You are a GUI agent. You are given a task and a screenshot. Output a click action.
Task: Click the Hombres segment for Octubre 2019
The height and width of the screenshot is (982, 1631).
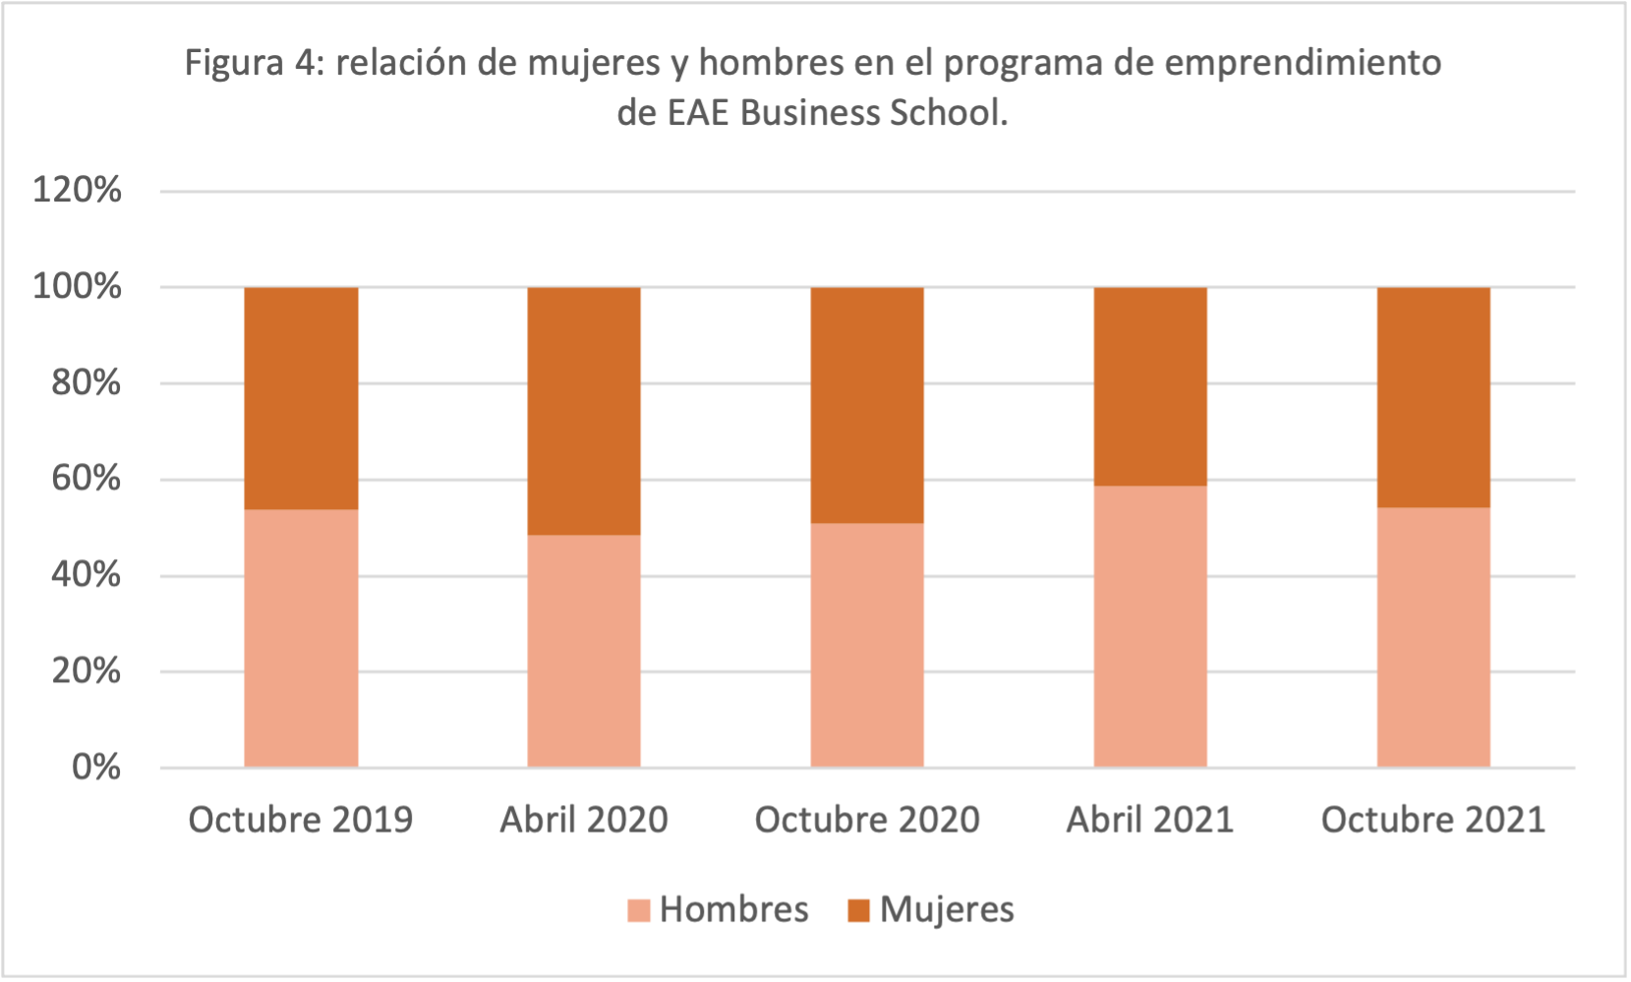pyautogui.click(x=301, y=638)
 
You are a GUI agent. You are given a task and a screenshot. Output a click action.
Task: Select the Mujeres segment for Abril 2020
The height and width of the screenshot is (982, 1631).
pyautogui.click(x=584, y=411)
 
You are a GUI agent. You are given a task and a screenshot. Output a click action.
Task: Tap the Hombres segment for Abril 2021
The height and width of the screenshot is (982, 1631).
pyautogui.click(x=1150, y=626)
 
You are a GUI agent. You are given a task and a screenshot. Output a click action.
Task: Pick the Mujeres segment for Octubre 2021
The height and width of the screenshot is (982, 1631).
pyautogui.click(x=1433, y=397)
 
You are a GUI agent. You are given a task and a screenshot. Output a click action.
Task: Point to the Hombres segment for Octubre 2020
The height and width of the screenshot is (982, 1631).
pyautogui.click(x=867, y=645)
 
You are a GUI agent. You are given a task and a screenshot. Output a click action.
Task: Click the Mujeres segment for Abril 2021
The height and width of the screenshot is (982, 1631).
pyautogui.click(x=1150, y=386)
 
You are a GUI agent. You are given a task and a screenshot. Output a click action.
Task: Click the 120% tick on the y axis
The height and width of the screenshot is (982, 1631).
pyautogui.click(x=78, y=190)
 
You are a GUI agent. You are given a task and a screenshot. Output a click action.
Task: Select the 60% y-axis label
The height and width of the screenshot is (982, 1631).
pyautogui.click(x=87, y=479)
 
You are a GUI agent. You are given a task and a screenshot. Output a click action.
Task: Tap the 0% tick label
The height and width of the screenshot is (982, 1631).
pyautogui.click(x=96, y=767)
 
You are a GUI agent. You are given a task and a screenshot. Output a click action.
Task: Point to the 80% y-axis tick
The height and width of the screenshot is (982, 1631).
pyautogui.click(x=87, y=382)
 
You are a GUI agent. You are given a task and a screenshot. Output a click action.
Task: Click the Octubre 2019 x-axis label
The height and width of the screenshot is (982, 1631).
pyautogui.click(x=301, y=820)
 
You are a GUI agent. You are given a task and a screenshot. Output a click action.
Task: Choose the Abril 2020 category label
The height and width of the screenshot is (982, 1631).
pyautogui.click(x=584, y=820)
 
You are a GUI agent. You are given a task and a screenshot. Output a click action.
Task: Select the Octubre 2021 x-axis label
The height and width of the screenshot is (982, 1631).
pyautogui.click(x=1433, y=820)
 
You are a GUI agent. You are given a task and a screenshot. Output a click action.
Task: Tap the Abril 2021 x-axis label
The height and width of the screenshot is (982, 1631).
pyautogui.click(x=1150, y=820)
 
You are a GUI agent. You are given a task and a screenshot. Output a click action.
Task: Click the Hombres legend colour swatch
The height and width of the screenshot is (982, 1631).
pyautogui.click(x=639, y=911)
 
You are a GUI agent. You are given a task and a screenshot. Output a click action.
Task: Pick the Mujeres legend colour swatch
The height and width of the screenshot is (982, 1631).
pyautogui.click(x=859, y=911)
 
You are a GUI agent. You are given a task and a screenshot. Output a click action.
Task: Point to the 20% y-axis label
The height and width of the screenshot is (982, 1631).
pyautogui.click(x=87, y=671)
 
